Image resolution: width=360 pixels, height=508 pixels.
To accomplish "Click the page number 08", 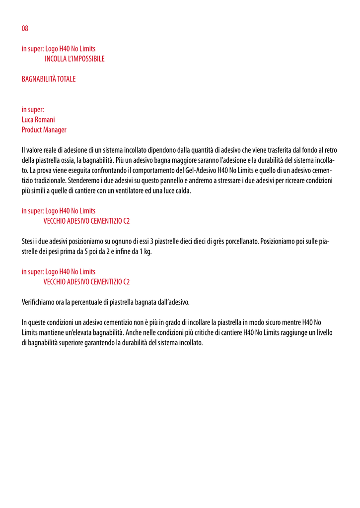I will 25,28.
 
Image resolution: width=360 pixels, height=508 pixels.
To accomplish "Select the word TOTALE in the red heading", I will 66,79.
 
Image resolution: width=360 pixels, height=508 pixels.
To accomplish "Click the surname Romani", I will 45,120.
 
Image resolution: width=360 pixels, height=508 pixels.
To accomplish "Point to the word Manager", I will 55,130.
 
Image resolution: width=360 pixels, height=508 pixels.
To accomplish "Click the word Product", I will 32,130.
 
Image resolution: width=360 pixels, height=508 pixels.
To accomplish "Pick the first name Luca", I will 27,120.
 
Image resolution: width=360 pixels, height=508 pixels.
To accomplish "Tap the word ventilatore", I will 136,191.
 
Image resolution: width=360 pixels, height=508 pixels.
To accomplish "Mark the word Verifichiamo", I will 39,302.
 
